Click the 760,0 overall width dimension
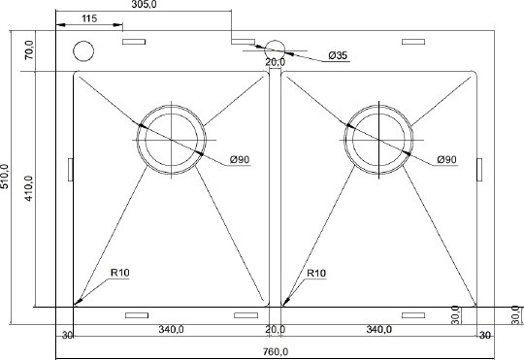[275, 351]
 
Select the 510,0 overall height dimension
[5, 177]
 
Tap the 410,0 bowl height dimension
[29, 188]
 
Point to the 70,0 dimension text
[29, 49]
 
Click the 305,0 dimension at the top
[144, 4]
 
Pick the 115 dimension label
[89, 18]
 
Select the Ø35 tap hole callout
[338, 55]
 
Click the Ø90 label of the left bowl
[240, 160]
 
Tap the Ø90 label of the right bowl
[446, 160]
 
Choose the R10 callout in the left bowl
[119, 273]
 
